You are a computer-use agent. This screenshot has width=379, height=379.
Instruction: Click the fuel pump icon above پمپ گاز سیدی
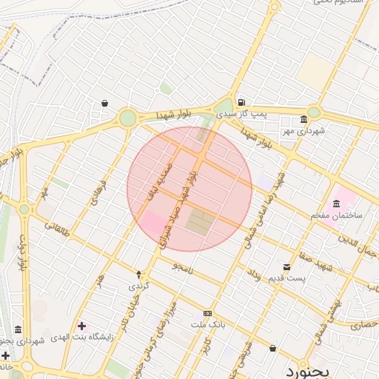click(241, 103)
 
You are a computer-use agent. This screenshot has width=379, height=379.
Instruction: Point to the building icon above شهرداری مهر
click(303, 120)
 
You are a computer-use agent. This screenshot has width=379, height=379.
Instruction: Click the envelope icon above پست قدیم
click(286, 266)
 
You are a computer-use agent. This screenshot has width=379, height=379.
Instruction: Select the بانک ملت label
click(207, 325)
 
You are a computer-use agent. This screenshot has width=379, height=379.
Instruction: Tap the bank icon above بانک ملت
click(207, 313)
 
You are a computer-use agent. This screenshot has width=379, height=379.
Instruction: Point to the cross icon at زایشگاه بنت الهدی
click(81, 326)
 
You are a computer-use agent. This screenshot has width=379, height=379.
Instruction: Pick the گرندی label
click(139, 286)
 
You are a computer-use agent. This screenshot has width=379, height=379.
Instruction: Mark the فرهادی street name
click(98, 192)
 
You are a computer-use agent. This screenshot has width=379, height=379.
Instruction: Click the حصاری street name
click(363, 323)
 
